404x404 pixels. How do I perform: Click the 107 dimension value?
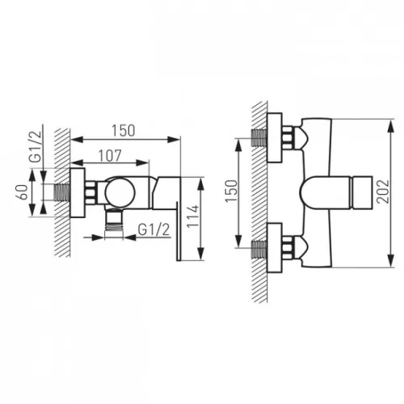click(x=110, y=156)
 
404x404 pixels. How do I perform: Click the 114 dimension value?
click(x=193, y=217)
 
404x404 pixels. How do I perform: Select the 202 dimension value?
click(x=383, y=191)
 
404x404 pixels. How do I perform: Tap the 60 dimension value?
click(x=23, y=192)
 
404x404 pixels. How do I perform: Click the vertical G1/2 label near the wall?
click(x=36, y=147)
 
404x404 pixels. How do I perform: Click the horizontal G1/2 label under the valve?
click(x=154, y=229)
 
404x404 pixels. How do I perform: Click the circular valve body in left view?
click(x=120, y=192)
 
